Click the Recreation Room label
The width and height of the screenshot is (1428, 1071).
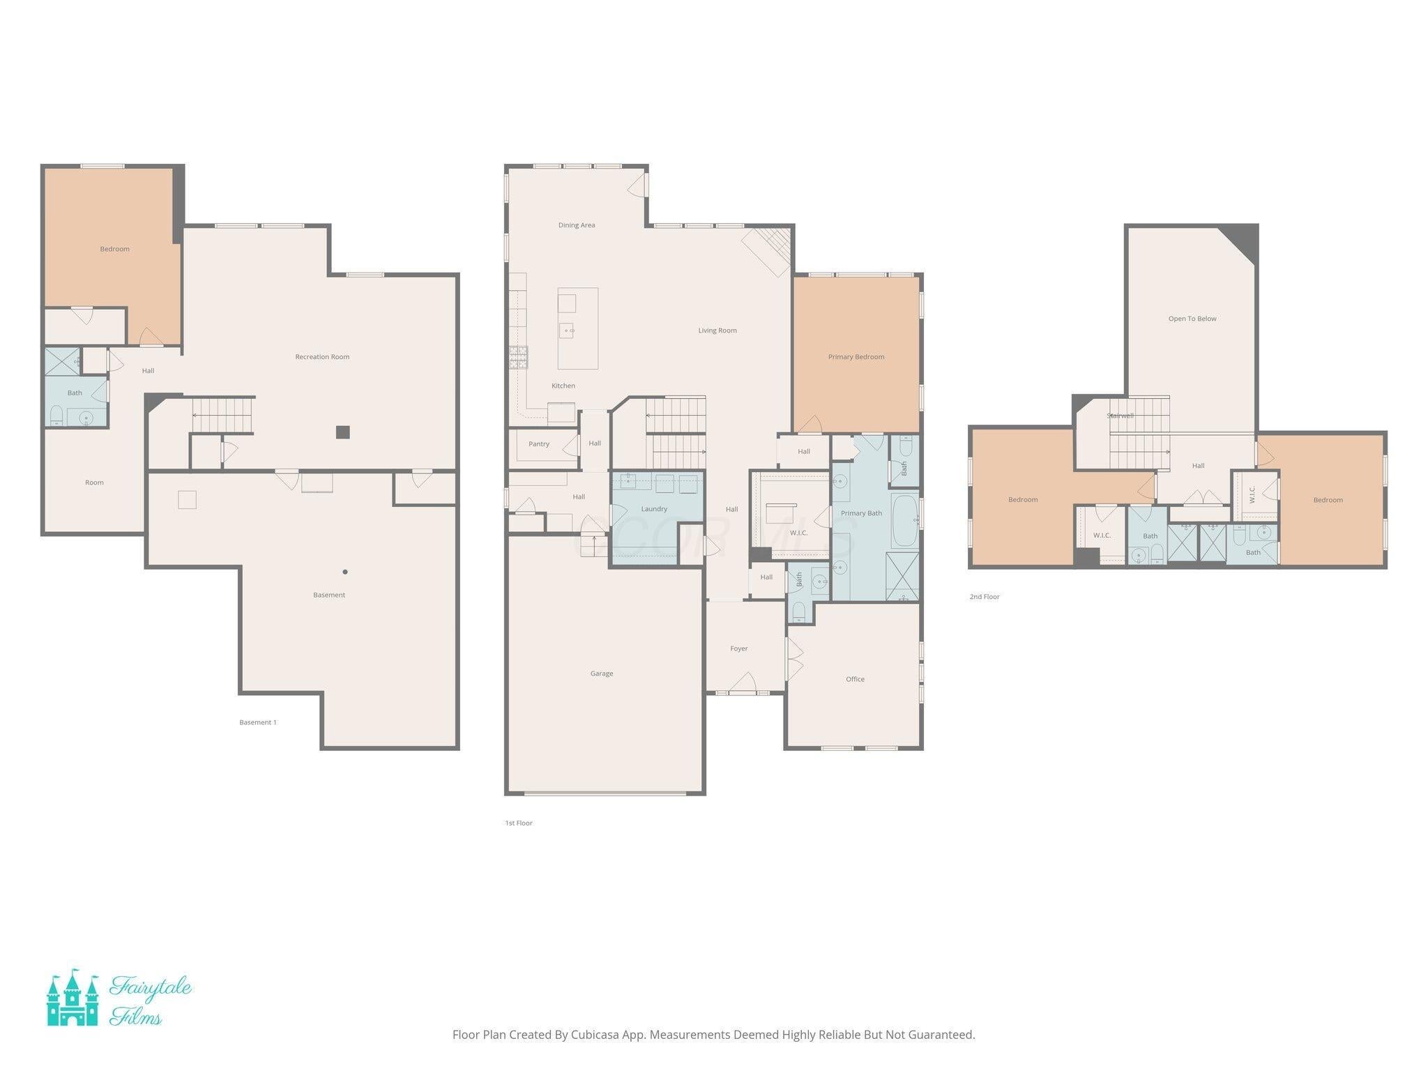tap(322, 357)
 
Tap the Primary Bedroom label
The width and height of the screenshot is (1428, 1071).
tap(856, 357)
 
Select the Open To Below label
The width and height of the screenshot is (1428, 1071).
tap(1192, 319)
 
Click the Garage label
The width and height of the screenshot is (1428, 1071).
tap(601, 674)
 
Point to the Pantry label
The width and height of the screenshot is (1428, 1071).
tap(538, 444)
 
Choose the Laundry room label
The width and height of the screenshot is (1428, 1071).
tap(654, 509)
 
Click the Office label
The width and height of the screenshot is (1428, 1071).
tap(855, 679)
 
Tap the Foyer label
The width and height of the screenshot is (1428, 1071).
tap(738, 648)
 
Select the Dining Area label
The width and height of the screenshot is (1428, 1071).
tap(576, 225)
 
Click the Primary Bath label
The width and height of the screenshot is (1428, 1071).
tap(861, 513)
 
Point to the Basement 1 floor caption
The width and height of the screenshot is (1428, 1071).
tap(257, 722)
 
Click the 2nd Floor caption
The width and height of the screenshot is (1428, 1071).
tap(984, 597)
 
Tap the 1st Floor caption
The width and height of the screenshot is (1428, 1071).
tap(518, 823)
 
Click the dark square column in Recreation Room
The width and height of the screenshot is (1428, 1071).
tap(342, 432)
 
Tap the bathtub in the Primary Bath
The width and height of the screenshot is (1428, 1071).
tap(905, 520)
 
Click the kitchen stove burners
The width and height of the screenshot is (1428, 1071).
tap(518, 357)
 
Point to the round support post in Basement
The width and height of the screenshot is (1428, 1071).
tap(344, 572)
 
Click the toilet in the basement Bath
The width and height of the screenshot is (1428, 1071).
tap(56, 416)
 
